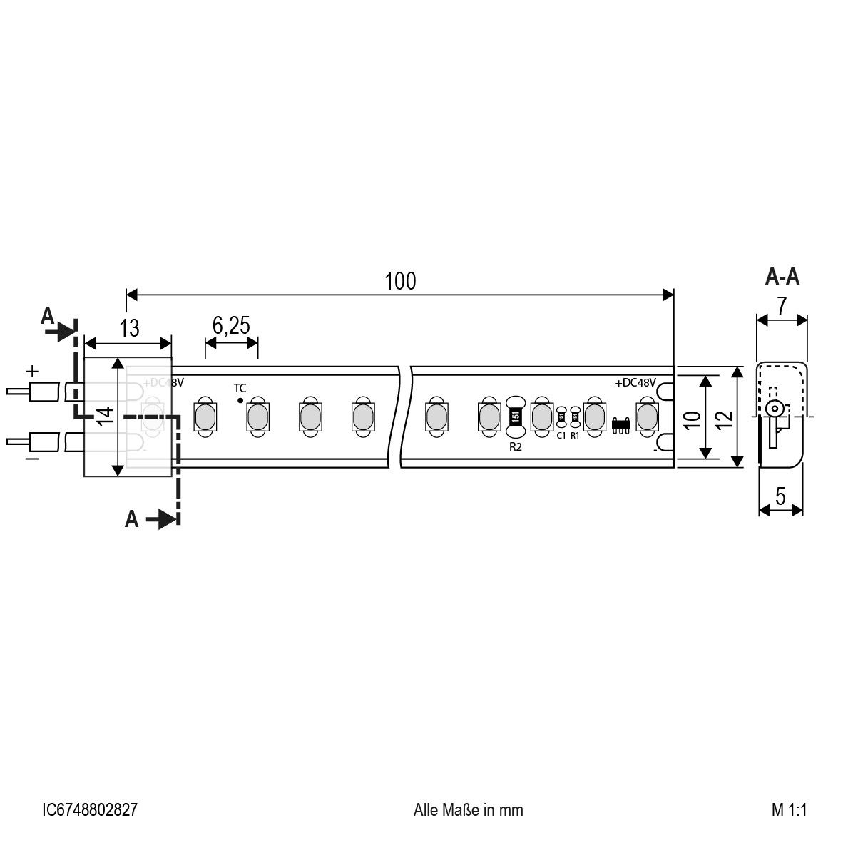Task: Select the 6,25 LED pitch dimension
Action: coord(231,326)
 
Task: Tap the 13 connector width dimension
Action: coord(129,328)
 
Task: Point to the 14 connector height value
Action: coord(104,416)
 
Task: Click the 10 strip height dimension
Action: coord(690,419)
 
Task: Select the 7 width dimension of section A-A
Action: coord(782,306)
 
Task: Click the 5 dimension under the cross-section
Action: coord(781,496)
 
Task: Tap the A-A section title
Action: coord(782,277)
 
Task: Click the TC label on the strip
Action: coord(240,388)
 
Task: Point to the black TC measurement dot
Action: coord(240,401)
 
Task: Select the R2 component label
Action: coord(515,447)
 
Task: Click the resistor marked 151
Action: coord(515,416)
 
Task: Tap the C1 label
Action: coord(561,435)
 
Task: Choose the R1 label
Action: coord(575,435)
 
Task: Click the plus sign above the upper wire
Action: coord(31,372)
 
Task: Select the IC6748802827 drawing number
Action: coord(90,809)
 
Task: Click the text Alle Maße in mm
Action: coord(468,809)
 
